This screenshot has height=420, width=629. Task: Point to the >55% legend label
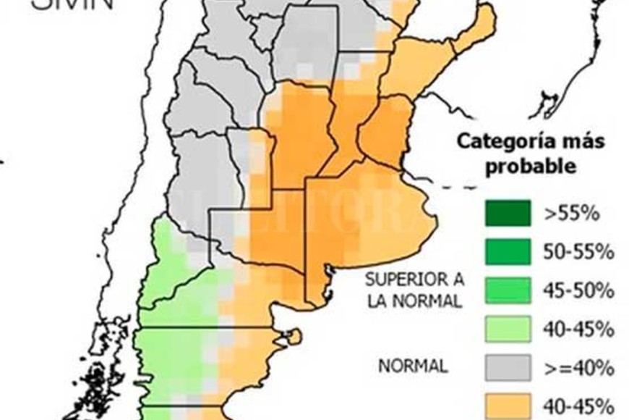pyautogui.click(x=572, y=214)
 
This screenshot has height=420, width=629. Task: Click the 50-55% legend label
pyautogui.click(x=578, y=252)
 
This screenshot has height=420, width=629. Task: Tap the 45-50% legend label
pyautogui.click(x=578, y=291)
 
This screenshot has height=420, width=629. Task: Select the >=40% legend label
pyautogui.click(x=578, y=368)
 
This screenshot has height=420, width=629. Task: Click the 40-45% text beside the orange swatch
pyautogui.click(x=578, y=405)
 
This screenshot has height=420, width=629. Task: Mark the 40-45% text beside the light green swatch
pyautogui.click(x=578, y=329)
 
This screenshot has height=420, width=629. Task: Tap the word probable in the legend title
pyautogui.click(x=531, y=166)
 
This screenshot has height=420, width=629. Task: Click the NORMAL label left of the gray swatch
pyautogui.click(x=413, y=366)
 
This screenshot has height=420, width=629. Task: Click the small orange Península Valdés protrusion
pyautogui.click(x=292, y=336)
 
